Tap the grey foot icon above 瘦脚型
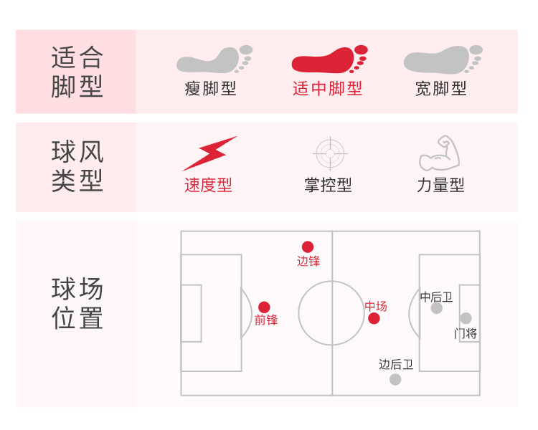[213, 60]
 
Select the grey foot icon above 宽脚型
[440, 60]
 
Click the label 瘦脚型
[210, 89]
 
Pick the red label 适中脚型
[327, 89]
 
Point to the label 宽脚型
[440, 89]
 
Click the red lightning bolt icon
[209, 153]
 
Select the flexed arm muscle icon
[439, 153]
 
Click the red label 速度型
[208, 185]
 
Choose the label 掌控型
[328, 185]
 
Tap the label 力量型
[440, 185]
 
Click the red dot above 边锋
[308, 247]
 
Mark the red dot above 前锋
[264, 307]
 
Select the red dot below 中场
[374, 318]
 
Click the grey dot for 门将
[466, 318]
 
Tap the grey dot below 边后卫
[395, 379]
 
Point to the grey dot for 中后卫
[437, 308]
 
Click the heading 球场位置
[77, 304]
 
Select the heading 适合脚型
[77, 72]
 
